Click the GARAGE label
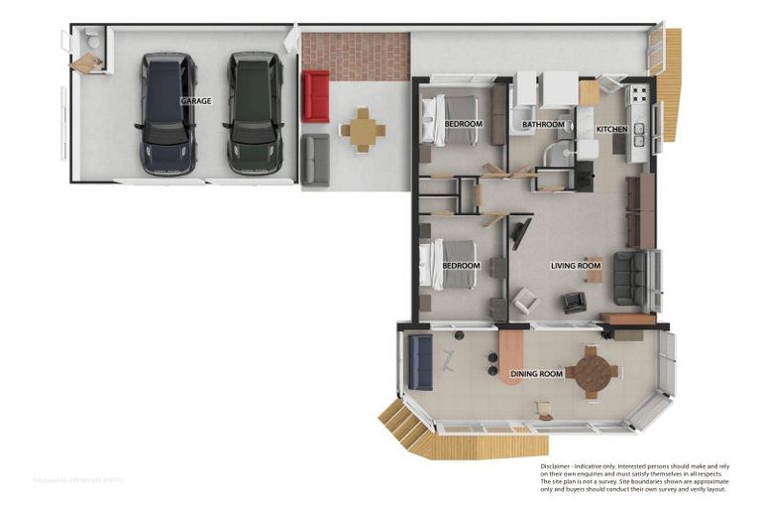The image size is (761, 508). tap(195, 101)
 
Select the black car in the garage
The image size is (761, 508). tap(165, 114)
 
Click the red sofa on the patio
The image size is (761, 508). tap(315, 95)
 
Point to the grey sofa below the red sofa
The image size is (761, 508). tap(315, 160)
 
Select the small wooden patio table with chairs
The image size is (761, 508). tap(363, 130)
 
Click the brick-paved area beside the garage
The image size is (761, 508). tap(356, 57)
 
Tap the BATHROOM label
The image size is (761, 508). tap(543, 125)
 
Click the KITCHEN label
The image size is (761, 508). tap(610, 130)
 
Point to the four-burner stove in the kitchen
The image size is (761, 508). tap(637, 96)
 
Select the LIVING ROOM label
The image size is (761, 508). tap(576, 266)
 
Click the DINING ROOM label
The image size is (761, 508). tap(536, 374)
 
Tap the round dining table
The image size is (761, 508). tap(592, 372)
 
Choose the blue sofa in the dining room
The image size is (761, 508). tap(419, 361)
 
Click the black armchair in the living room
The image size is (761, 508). tap(575, 303)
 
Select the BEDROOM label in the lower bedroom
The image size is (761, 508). tap(461, 266)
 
